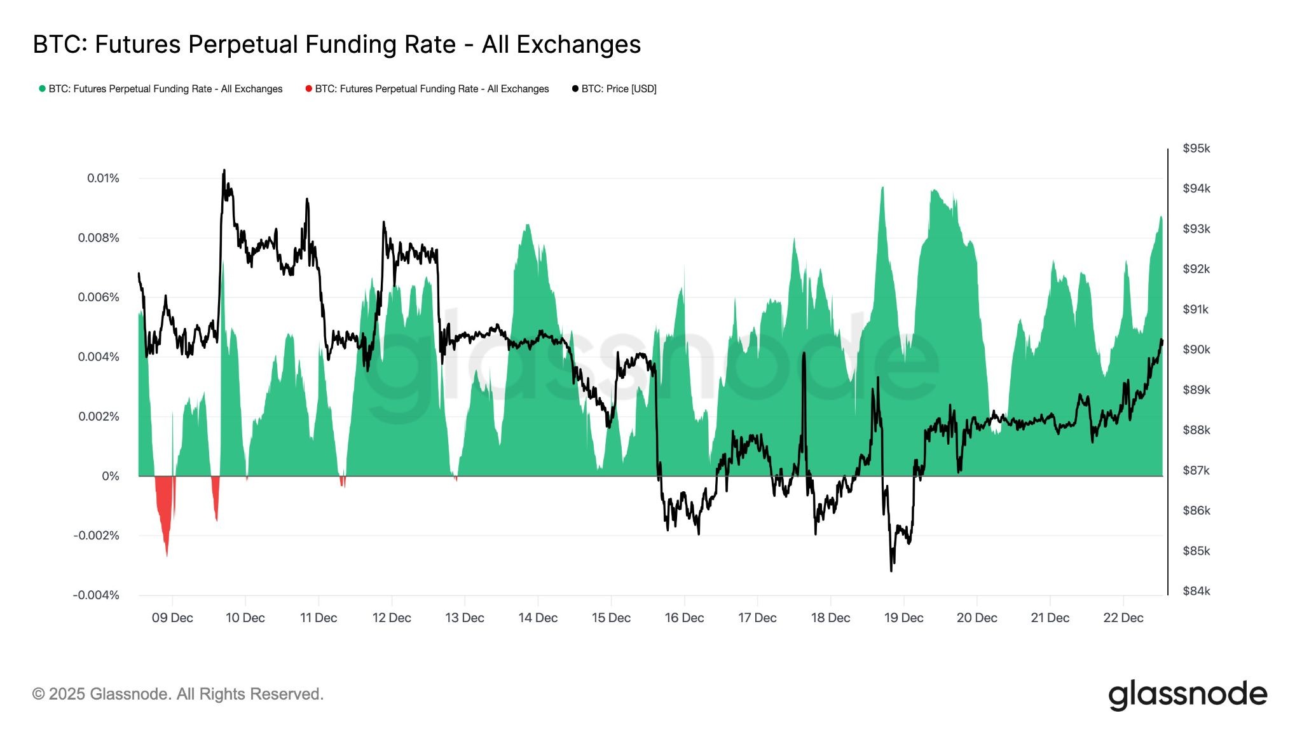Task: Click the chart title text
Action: (336, 44)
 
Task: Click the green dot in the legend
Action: (42, 89)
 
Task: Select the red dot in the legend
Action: (308, 89)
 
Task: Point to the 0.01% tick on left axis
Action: (103, 178)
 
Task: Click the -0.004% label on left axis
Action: (96, 595)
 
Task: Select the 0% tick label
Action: (110, 476)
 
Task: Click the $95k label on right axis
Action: (1196, 148)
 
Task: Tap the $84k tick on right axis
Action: (1196, 591)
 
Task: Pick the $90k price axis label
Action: (1196, 349)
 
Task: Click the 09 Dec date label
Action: (172, 618)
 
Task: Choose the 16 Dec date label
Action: (684, 618)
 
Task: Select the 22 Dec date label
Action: (1123, 618)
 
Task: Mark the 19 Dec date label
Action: (903, 618)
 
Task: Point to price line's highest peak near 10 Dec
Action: (224, 170)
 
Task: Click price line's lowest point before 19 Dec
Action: (891, 570)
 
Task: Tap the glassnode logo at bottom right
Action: (1187, 695)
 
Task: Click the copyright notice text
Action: (178, 694)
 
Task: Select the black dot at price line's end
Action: (1162, 342)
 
